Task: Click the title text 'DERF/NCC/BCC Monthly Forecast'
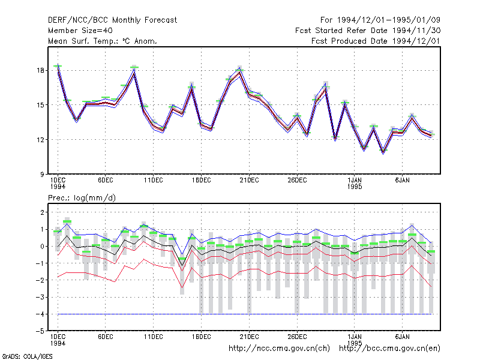point(112,20)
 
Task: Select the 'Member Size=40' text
point(80,31)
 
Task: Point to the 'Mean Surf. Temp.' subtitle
point(81,41)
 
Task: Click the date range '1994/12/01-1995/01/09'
point(389,20)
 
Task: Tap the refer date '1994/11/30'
point(416,31)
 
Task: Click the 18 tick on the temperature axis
point(40,70)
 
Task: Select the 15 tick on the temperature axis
point(40,105)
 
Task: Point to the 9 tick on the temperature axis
point(42,175)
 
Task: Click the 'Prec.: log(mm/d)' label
point(82,198)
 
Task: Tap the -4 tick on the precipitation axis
point(40,314)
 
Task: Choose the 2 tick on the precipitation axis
point(42,212)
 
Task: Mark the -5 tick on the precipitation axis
point(40,331)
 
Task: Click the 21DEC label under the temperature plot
point(249,181)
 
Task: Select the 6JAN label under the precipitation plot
point(402,337)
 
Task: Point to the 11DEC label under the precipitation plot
point(154,337)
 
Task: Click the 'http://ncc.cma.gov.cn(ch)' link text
point(279,349)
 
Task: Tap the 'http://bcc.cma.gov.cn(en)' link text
point(389,349)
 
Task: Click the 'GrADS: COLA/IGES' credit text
point(27,356)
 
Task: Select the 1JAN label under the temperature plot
point(355,181)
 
